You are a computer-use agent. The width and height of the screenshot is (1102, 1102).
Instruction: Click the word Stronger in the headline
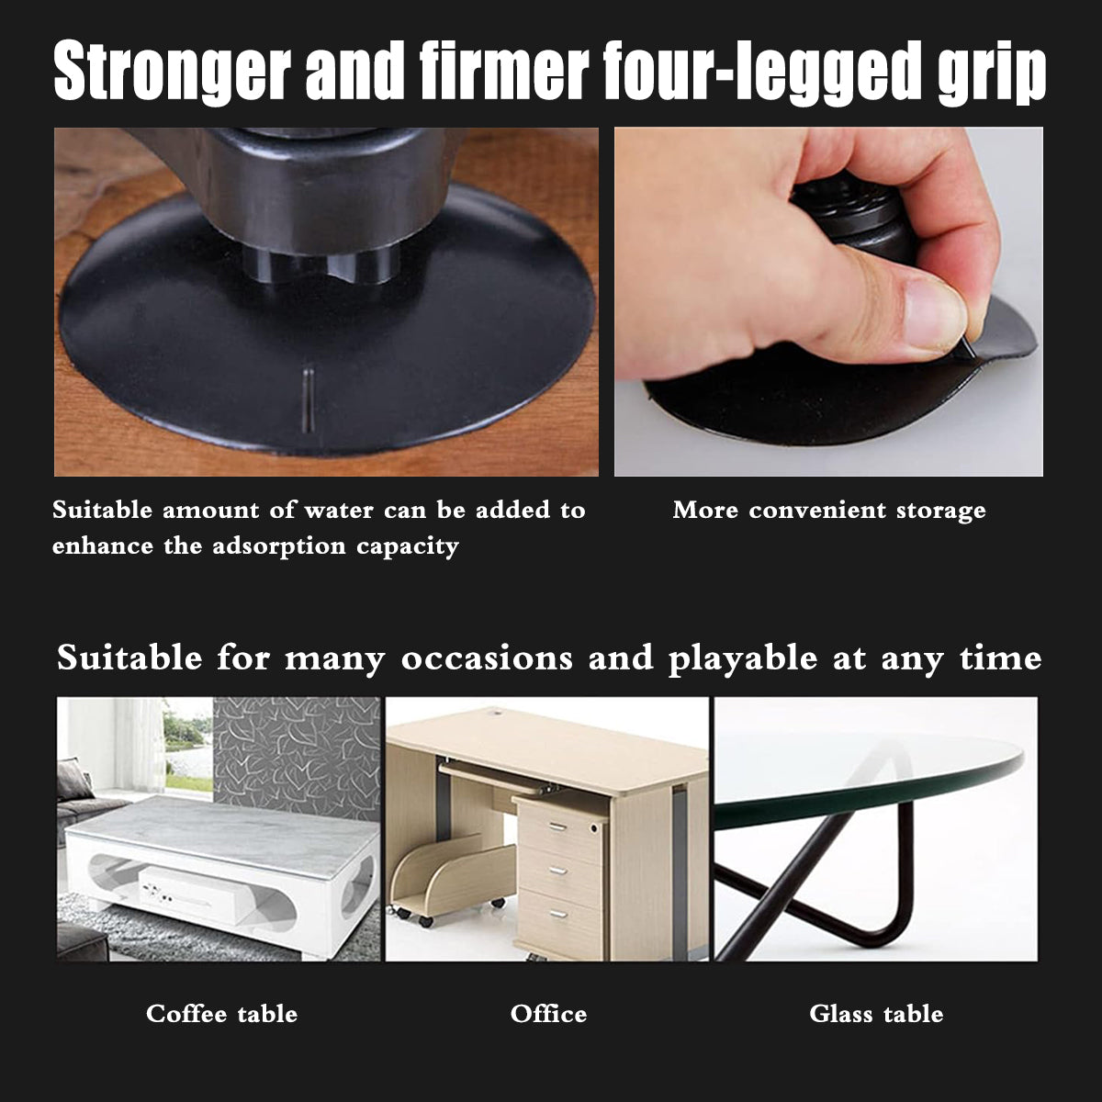click(x=172, y=72)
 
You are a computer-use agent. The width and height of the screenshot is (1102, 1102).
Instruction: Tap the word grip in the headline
click(x=992, y=73)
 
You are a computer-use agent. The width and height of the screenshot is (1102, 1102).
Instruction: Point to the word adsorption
click(x=279, y=546)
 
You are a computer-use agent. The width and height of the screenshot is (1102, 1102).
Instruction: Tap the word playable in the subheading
click(x=743, y=658)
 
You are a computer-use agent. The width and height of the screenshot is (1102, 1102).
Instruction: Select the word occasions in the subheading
click(x=487, y=658)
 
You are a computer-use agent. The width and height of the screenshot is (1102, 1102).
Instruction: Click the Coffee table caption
click(x=222, y=1014)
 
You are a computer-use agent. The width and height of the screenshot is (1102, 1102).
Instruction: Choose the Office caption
click(x=548, y=1014)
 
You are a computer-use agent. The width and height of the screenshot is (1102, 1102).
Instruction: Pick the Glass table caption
click(x=876, y=1014)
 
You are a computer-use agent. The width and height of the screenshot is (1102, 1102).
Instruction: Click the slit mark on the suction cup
click(x=308, y=400)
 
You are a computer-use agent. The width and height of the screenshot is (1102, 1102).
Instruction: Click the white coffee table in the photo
click(x=220, y=870)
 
